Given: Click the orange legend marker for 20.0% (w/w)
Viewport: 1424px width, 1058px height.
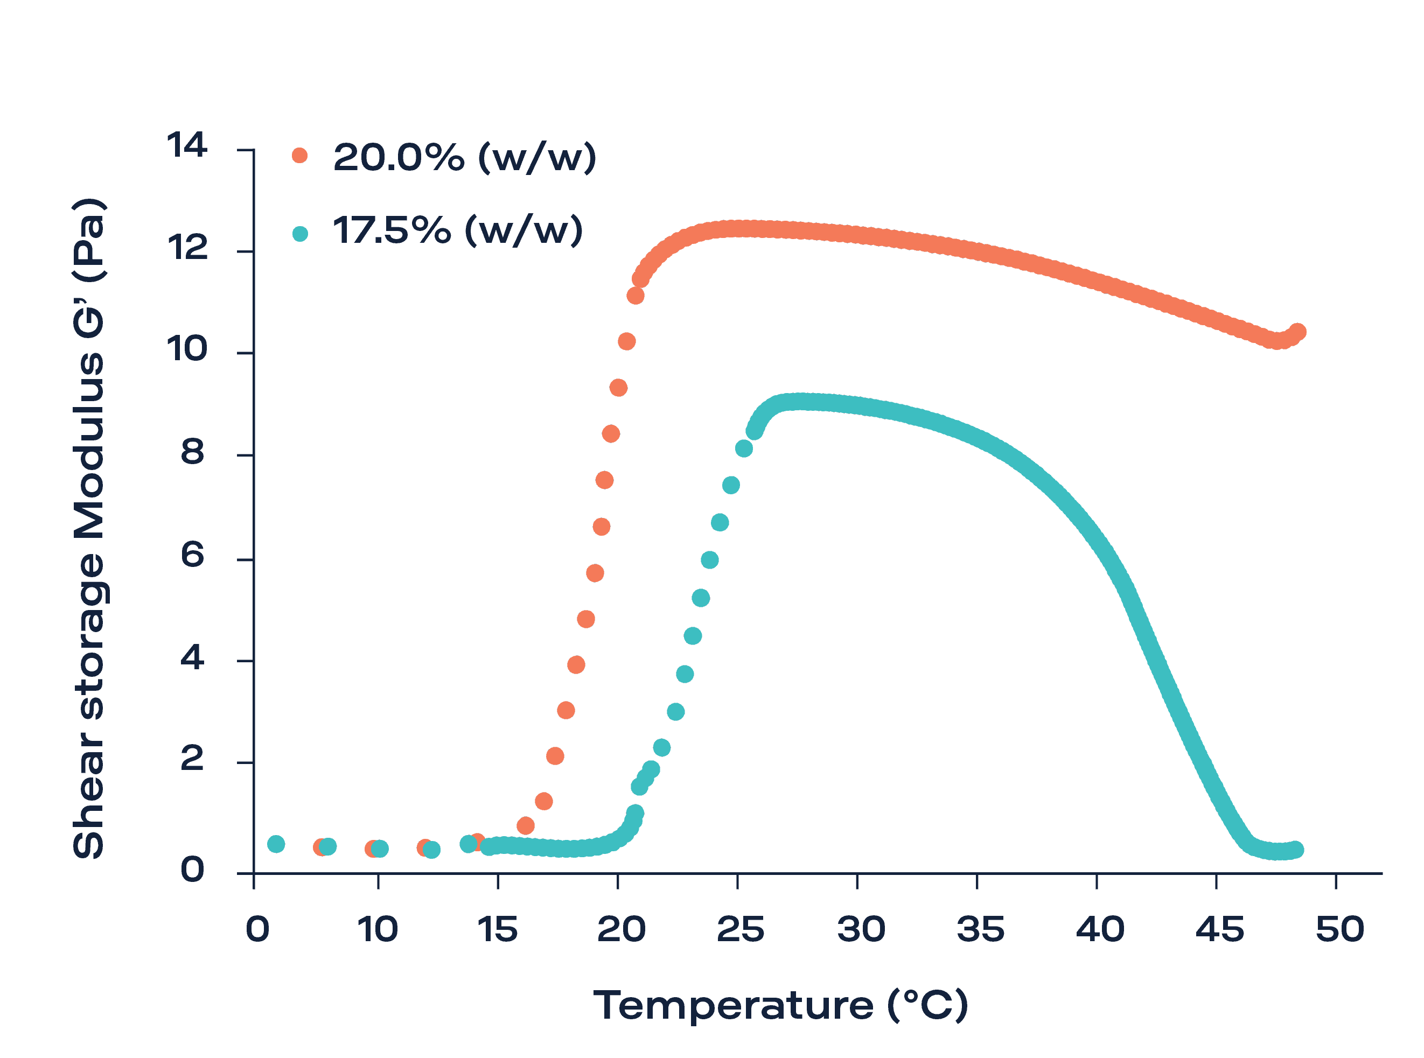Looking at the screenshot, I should tap(299, 156).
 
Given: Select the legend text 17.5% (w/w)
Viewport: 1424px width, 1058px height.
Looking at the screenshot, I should tap(457, 230).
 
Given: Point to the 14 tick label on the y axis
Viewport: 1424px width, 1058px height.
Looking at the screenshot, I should tap(186, 145).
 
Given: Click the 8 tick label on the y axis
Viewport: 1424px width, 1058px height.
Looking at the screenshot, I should tap(192, 453).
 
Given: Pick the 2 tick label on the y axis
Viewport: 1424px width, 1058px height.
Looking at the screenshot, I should tap(192, 760).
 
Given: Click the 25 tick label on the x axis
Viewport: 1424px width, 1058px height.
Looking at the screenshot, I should tap(741, 930).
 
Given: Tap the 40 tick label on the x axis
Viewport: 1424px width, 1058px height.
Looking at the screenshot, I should tap(1100, 930).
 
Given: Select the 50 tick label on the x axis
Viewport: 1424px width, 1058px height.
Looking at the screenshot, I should tap(1339, 930).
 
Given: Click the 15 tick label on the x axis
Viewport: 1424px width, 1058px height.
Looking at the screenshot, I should tap(497, 930).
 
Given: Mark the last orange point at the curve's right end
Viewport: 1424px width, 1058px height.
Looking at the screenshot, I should tap(1298, 332).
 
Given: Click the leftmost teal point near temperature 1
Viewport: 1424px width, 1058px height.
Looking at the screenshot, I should tap(275, 844).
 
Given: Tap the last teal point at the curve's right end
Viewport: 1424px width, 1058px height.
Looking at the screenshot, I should tap(1295, 850).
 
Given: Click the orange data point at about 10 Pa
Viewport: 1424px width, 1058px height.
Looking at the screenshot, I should tap(626, 341).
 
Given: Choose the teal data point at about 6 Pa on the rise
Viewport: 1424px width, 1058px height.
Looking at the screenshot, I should tap(709, 560).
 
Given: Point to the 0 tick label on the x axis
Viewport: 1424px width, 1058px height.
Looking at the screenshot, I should tap(257, 930).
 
